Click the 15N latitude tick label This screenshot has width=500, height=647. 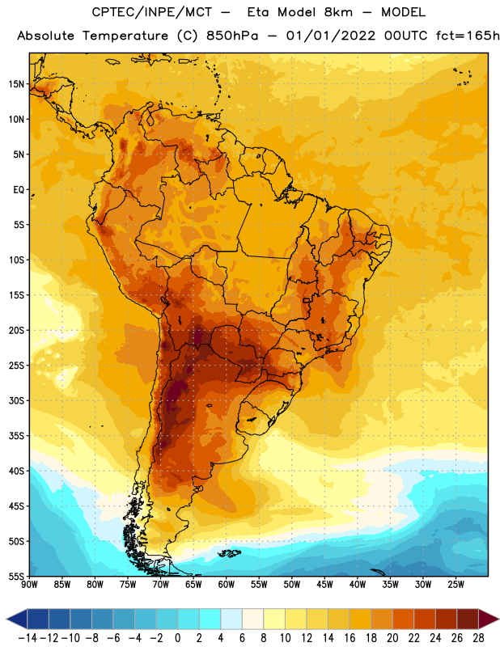16,84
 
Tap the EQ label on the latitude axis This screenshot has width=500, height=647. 19,190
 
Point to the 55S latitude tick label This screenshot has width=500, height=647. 16,576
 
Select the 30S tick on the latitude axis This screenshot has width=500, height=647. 16,400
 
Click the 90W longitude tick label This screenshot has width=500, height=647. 29,584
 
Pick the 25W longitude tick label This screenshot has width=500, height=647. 456,584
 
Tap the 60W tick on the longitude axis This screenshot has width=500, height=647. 227,584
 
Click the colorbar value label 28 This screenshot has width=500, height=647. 478,638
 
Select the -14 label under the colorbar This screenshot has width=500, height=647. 28,638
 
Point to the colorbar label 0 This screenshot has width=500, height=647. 177,638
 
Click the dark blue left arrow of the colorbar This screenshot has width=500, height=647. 17,620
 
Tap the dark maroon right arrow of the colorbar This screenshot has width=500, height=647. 489,620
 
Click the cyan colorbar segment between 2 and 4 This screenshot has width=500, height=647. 210,620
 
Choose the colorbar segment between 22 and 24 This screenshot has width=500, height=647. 425,620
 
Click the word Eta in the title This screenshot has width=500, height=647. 257,12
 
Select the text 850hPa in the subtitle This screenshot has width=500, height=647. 232,36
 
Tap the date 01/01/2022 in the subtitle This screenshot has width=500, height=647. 331,36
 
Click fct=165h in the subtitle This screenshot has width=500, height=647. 468,36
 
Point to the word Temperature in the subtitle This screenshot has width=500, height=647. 125,36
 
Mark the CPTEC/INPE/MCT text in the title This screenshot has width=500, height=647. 151,12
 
